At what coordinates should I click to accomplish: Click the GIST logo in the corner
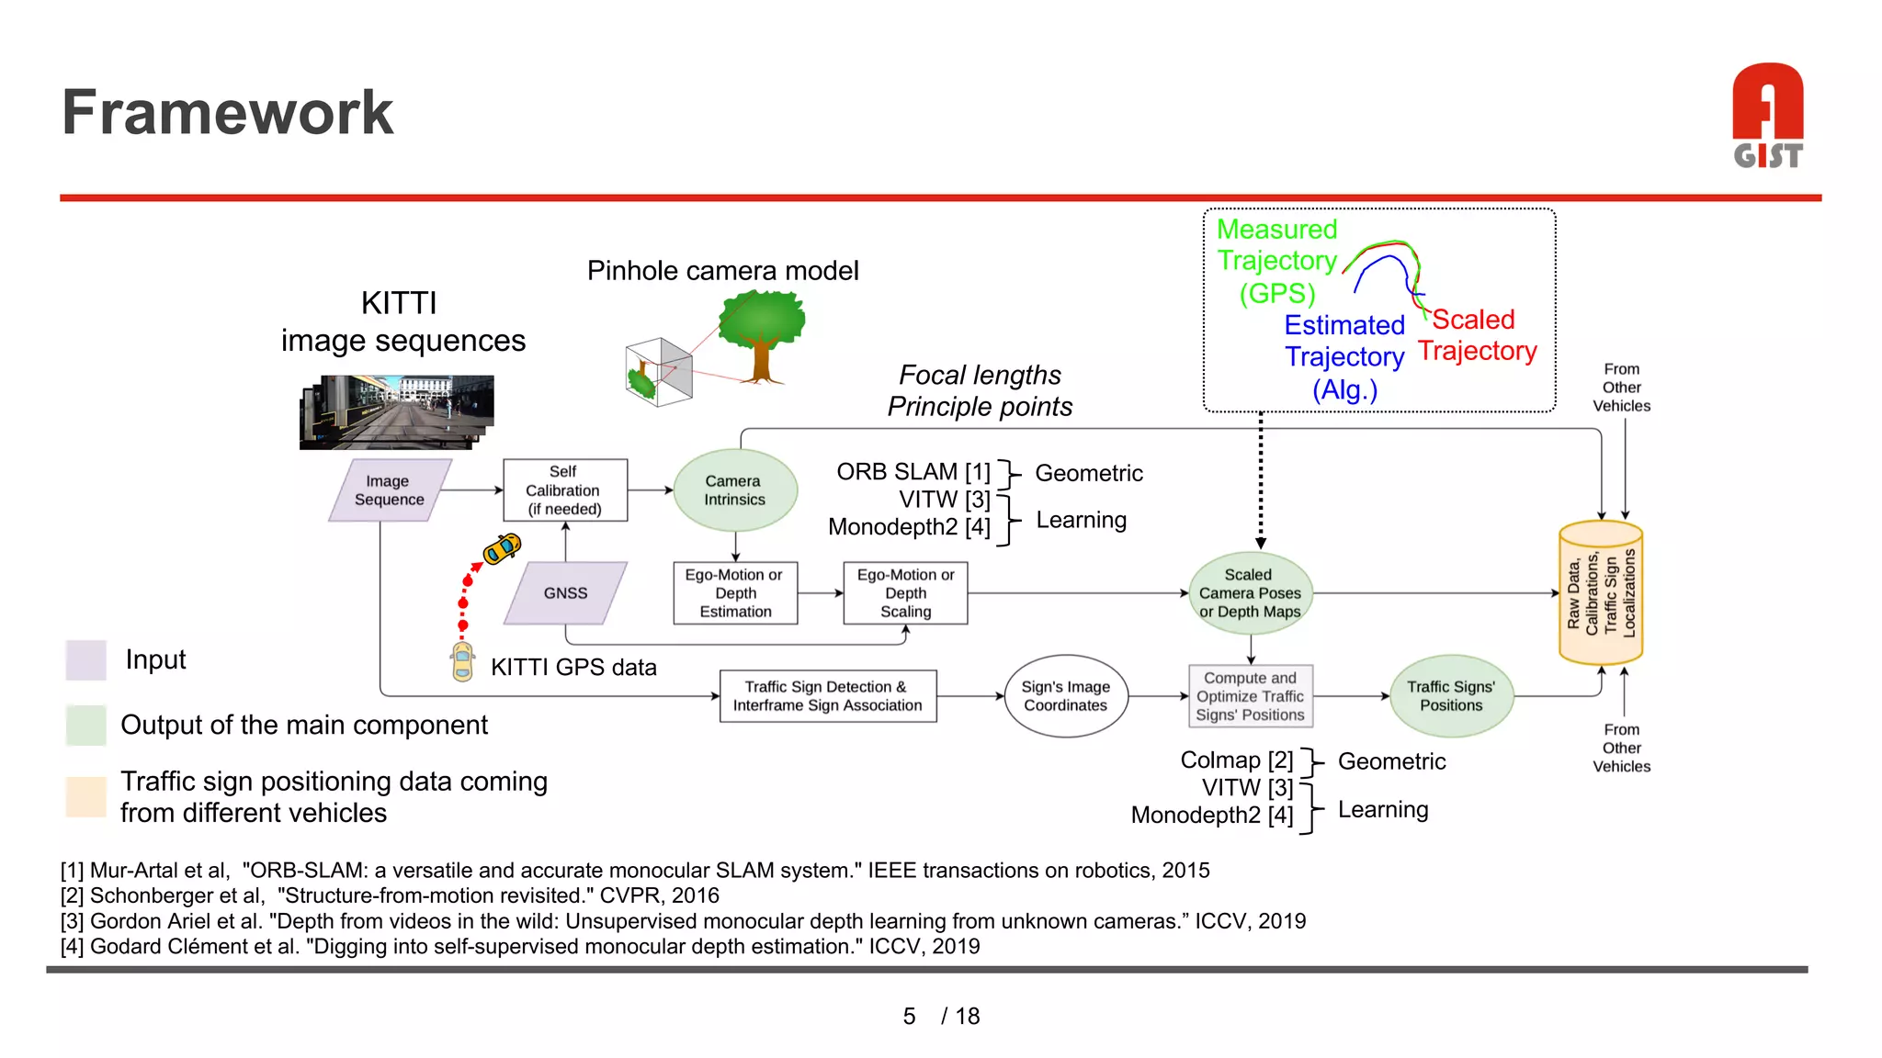tap(1767, 116)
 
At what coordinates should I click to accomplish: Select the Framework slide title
tap(227, 112)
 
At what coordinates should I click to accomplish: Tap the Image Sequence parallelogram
tap(390, 490)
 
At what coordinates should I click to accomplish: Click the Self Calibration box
tap(564, 490)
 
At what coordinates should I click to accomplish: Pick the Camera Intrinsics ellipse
tap(734, 490)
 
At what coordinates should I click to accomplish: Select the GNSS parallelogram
tap(565, 593)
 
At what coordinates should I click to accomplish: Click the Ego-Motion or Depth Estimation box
tap(735, 593)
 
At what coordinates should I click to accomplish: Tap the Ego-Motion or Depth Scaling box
tap(905, 593)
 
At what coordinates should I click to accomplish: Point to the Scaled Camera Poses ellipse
tap(1250, 593)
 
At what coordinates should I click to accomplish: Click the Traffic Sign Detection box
tap(827, 696)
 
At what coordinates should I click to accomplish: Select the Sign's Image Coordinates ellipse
tap(1066, 696)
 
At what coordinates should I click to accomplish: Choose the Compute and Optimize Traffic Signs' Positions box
tap(1250, 696)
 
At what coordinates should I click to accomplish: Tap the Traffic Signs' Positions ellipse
tap(1450, 696)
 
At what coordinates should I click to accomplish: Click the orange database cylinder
tap(1601, 593)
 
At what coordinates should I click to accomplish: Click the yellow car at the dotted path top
tap(503, 548)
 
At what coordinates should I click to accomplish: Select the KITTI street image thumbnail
tap(397, 411)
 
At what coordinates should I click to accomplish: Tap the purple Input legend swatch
tap(86, 659)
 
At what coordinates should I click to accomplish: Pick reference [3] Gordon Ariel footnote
tap(682, 921)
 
